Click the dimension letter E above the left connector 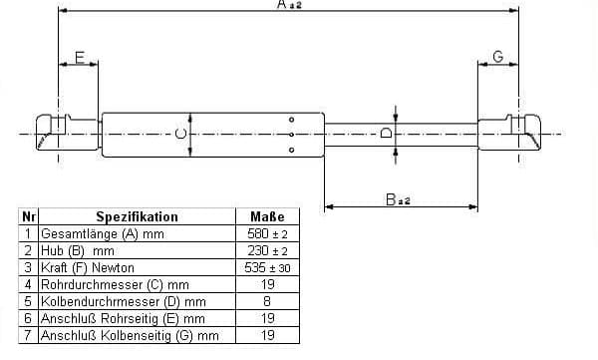tap(80, 57)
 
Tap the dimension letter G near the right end tap(498, 57)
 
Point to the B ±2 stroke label tap(398, 199)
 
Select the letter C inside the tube tap(180, 134)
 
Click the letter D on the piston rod tap(387, 133)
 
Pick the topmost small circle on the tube tap(291, 120)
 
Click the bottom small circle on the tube tap(291, 150)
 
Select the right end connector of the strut tap(509, 133)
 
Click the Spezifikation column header tap(137, 216)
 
